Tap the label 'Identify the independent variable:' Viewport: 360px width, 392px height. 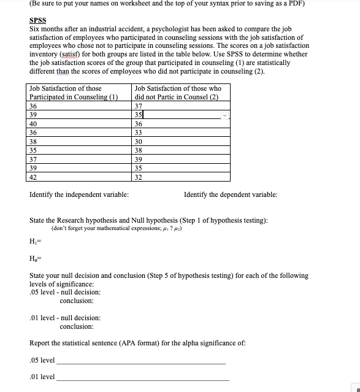[x=79, y=195]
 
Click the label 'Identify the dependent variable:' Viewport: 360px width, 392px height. [x=230, y=195]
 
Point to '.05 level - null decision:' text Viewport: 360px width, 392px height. [x=65, y=293]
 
